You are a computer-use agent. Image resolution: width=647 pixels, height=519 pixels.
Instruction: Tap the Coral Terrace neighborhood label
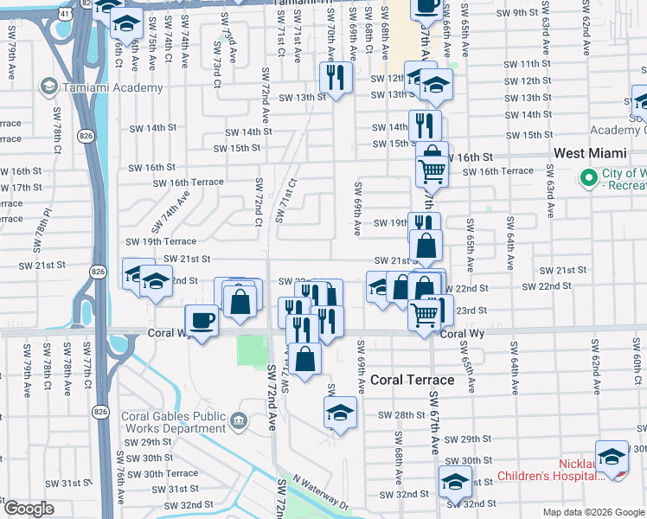pos(413,380)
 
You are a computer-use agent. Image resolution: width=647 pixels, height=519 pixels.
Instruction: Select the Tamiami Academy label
pos(112,87)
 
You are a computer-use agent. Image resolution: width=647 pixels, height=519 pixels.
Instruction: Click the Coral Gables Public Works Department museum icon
pos(240,421)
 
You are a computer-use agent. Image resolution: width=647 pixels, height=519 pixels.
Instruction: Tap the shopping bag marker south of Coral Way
pos(305,358)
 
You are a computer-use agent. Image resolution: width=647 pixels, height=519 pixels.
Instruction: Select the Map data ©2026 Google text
pos(593,512)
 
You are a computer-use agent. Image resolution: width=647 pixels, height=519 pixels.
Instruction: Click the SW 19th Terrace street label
pos(161,241)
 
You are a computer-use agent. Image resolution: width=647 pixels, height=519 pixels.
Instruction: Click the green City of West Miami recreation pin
pos(589,177)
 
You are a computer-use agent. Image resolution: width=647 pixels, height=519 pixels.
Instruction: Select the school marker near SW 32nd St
pos(454,481)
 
